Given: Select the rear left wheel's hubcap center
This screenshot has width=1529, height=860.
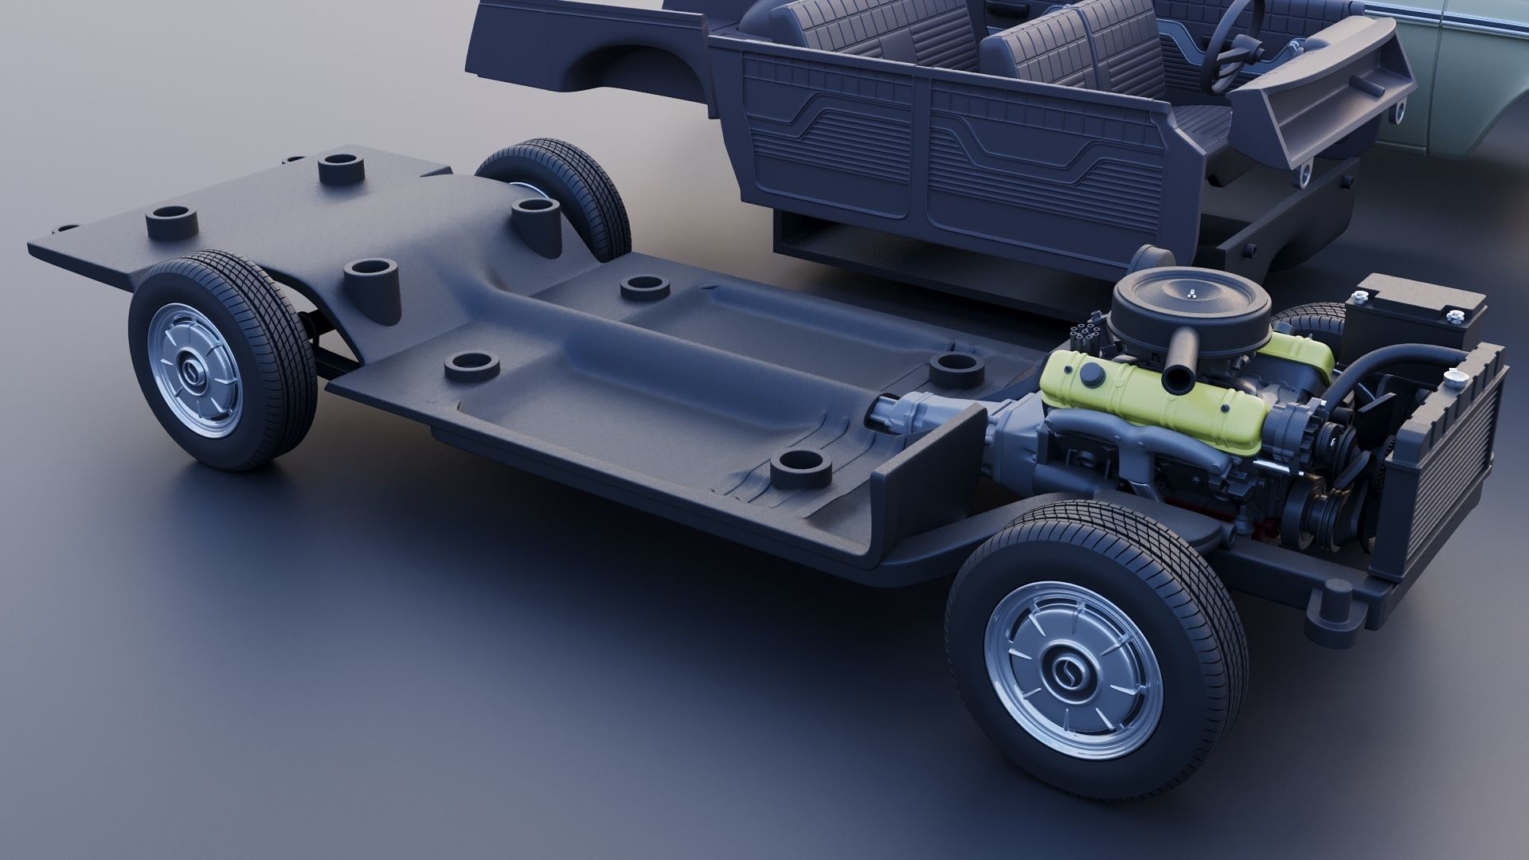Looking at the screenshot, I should click(x=192, y=371).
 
